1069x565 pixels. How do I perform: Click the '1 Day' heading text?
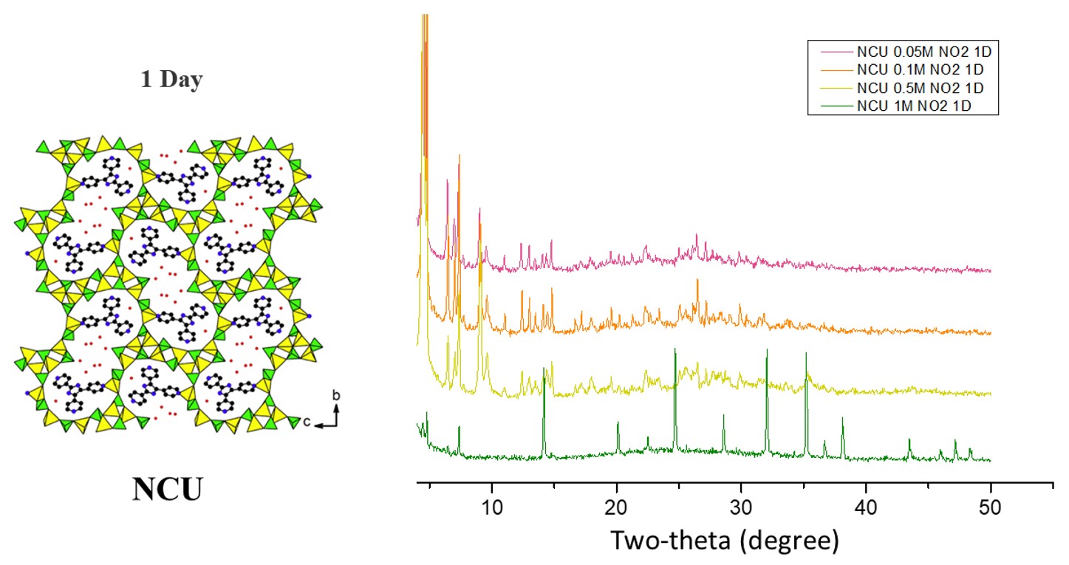(x=171, y=80)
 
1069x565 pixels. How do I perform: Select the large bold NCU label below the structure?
(x=167, y=489)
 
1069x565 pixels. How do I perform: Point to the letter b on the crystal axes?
(x=336, y=396)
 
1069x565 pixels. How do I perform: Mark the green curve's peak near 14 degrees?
(x=544, y=369)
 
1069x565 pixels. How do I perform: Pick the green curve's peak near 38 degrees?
(x=842, y=418)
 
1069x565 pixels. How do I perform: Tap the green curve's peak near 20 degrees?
(x=618, y=422)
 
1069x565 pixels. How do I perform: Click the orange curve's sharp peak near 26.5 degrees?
(x=697, y=281)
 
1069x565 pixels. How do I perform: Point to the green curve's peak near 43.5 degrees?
(x=909, y=439)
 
